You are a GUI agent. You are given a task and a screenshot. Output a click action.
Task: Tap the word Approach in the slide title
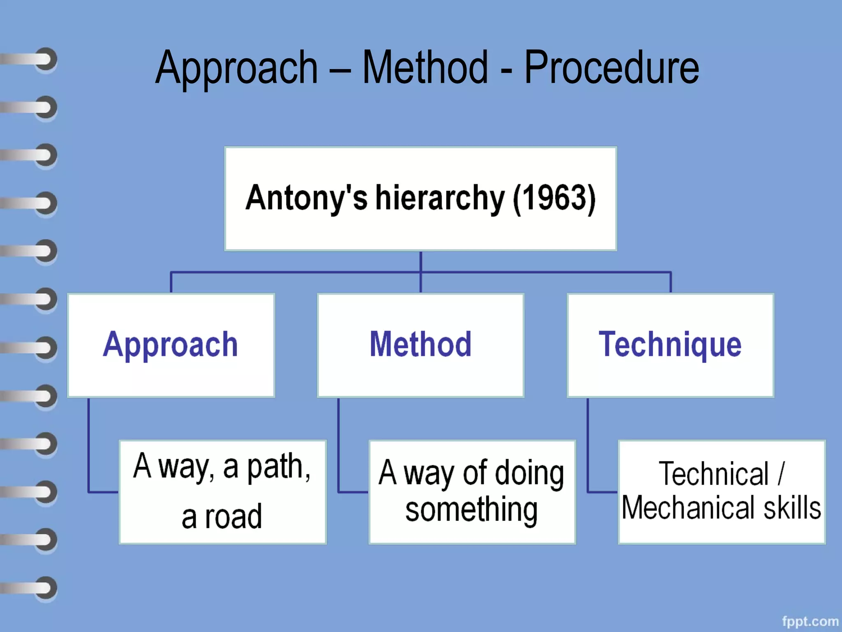tap(237, 68)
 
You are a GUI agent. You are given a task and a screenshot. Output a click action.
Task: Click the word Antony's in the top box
tap(306, 197)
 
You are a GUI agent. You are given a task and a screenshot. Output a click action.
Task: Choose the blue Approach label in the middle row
tap(170, 344)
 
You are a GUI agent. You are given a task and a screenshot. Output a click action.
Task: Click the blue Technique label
tap(670, 344)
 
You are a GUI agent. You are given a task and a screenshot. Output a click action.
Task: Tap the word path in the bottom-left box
tap(278, 467)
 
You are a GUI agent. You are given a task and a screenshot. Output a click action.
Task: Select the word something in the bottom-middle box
tap(471, 510)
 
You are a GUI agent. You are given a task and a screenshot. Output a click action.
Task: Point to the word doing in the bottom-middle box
tap(529, 474)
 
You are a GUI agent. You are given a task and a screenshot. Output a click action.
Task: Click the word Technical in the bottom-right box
tap(714, 474)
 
